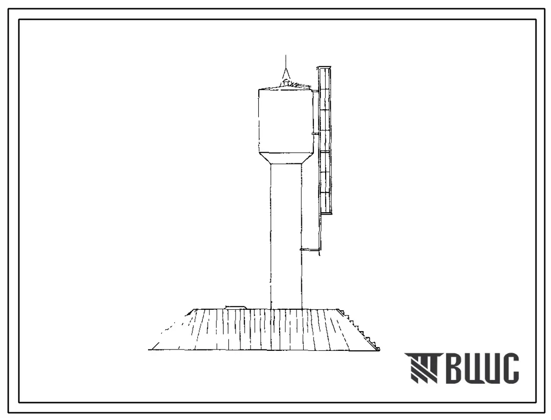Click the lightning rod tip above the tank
[x=286, y=56]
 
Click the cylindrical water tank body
[x=286, y=121]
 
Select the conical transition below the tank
[x=286, y=159]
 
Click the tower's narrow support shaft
[x=286, y=237]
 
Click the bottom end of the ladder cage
[x=326, y=213]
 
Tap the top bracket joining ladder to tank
[x=315, y=92]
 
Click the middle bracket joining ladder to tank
[x=315, y=133]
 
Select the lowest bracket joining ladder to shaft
[x=310, y=250]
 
